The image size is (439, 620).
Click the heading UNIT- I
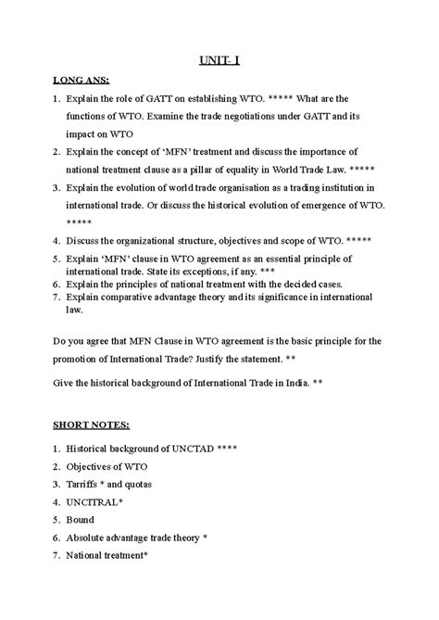219,62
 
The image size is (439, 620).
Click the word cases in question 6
326,283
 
